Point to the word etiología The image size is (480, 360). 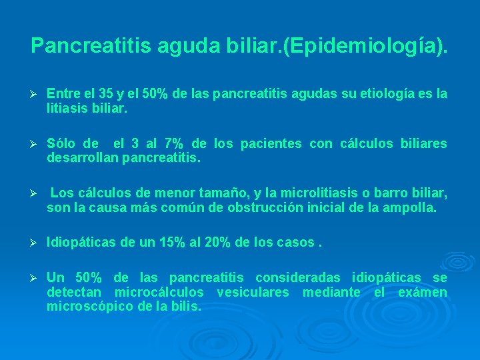[x=373, y=95]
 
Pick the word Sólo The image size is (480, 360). [x=62, y=144]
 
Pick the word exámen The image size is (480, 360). [x=423, y=292]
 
